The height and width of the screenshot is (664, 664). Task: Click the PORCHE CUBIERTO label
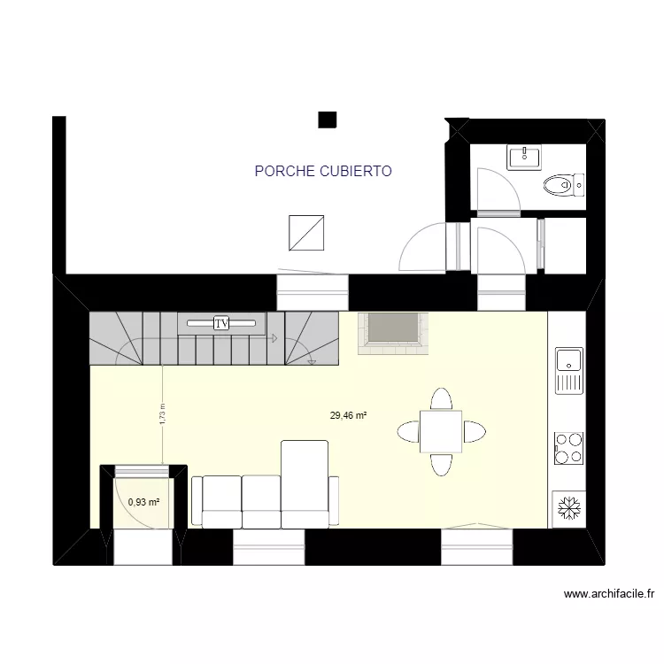[x=322, y=172]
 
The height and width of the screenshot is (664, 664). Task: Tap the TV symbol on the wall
[x=222, y=323]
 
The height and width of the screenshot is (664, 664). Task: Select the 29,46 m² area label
[x=348, y=414]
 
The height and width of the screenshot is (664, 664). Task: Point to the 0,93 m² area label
[x=143, y=502]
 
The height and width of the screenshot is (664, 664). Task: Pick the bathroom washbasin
[x=525, y=158]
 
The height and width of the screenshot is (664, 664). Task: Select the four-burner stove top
[x=567, y=448]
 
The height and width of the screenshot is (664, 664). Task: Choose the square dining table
[x=440, y=432]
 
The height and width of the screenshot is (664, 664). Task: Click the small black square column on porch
[x=328, y=120]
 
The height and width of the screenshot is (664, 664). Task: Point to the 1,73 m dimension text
[x=162, y=415]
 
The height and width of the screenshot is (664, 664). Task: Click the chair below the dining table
[x=440, y=464]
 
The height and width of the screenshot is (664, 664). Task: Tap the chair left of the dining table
[x=408, y=432]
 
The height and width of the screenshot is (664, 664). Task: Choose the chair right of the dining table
[x=473, y=433]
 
